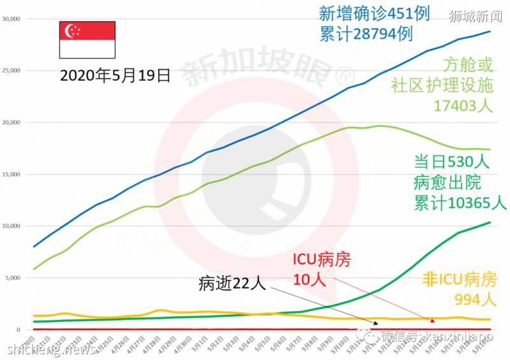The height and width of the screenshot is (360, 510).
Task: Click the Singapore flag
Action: click(87, 40)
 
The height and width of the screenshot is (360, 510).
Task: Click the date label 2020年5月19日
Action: click(115, 76)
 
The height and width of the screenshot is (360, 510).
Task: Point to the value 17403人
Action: click(463, 106)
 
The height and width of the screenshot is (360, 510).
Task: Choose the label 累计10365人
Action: click(460, 203)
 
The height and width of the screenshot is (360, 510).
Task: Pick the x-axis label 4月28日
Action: click(152, 343)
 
